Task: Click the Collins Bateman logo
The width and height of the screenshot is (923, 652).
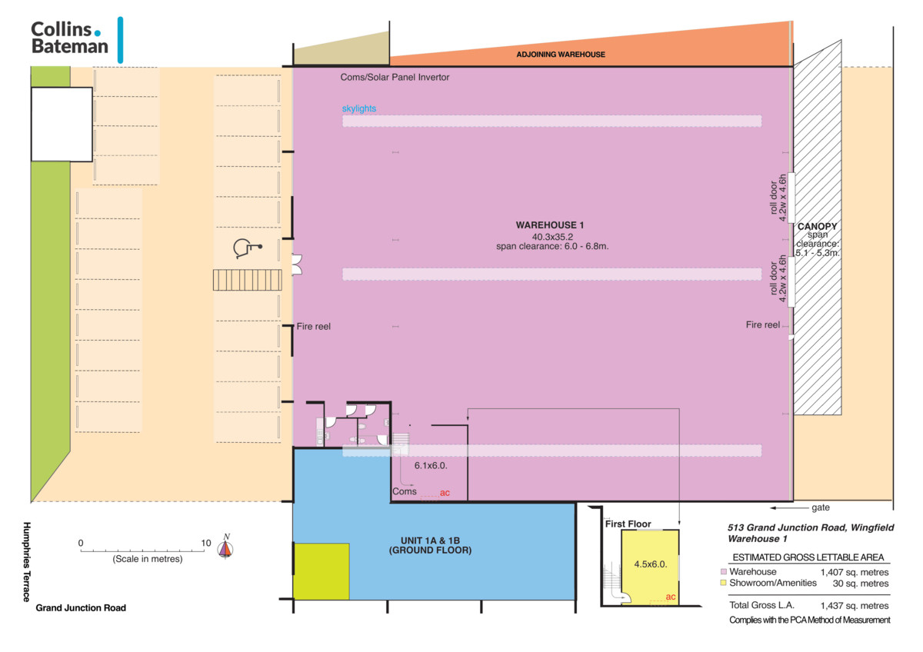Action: pyautogui.click(x=77, y=39)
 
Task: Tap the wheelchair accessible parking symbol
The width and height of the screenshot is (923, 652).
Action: pyautogui.click(x=247, y=248)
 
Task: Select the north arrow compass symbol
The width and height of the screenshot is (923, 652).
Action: pyautogui.click(x=225, y=547)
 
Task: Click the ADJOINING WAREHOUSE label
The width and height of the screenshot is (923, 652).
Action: pyautogui.click(x=561, y=55)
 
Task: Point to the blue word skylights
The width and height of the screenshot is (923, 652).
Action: pyautogui.click(x=359, y=108)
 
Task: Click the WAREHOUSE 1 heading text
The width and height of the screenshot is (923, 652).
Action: pyautogui.click(x=550, y=225)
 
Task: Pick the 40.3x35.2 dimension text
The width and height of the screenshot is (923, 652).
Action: pyautogui.click(x=552, y=237)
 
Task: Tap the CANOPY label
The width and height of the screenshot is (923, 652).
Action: pyautogui.click(x=817, y=226)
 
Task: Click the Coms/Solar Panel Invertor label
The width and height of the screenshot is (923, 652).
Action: pyautogui.click(x=395, y=77)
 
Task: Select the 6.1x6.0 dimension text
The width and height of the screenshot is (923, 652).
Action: pyautogui.click(x=431, y=465)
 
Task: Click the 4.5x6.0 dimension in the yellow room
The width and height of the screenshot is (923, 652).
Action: pyautogui.click(x=650, y=564)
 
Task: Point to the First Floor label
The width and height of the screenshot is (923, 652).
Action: pyautogui.click(x=628, y=524)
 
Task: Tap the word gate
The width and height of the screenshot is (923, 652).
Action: pyautogui.click(x=821, y=508)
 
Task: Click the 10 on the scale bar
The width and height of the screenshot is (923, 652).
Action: pyautogui.click(x=206, y=543)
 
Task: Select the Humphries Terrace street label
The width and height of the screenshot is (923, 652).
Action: pyautogui.click(x=27, y=562)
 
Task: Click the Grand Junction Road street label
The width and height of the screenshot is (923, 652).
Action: pyautogui.click(x=81, y=607)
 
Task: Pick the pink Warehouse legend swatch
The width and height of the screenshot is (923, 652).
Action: pyautogui.click(x=723, y=571)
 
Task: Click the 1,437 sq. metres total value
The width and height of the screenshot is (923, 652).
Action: pyautogui.click(x=855, y=605)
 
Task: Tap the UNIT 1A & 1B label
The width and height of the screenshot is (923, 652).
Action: pyautogui.click(x=430, y=541)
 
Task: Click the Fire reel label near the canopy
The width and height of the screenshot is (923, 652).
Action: pyautogui.click(x=763, y=324)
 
